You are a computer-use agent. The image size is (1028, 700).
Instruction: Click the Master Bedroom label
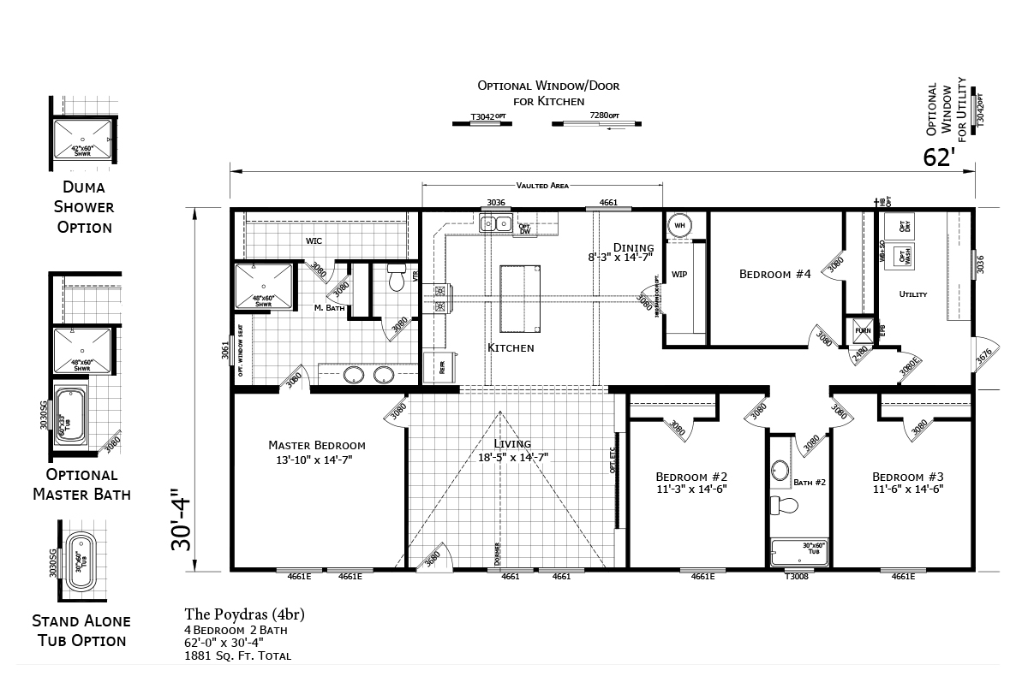tap(316, 445)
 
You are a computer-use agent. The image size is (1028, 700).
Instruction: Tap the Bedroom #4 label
tap(774, 274)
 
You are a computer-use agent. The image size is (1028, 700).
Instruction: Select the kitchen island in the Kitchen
tap(520, 298)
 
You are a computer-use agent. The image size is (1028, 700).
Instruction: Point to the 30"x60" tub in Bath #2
tap(800, 550)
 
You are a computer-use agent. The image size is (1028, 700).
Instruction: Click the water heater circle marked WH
tap(679, 225)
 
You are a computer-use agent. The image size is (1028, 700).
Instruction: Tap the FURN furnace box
tap(859, 329)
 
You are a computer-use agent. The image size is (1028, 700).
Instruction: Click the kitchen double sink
tap(496, 225)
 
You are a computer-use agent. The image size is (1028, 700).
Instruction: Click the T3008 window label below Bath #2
tap(797, 577)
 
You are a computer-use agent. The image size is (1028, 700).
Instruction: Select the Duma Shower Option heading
tap(84, 206)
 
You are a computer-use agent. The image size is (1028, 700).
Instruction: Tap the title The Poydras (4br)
tap(244, 614)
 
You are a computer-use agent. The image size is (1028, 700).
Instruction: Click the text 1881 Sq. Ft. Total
tap(237, 656)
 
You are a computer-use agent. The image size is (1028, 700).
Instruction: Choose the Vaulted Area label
tap(542, 185)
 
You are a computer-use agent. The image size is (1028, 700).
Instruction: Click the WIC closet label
tap(314, 240)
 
